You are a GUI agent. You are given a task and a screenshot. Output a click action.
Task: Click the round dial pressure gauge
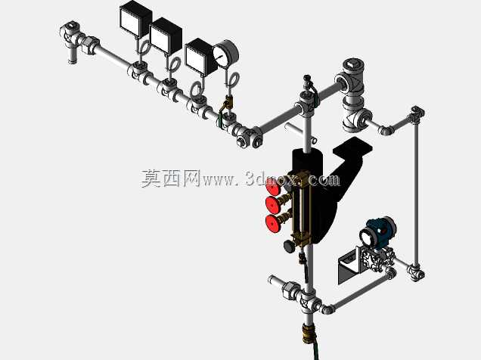[226, 54]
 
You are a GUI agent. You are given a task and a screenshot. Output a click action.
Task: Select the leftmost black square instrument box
[135, 20]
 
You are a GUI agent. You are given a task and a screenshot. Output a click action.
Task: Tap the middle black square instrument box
[166, 37]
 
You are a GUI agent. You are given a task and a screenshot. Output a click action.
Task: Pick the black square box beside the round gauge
[200, 57]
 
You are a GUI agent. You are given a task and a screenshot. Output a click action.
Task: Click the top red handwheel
[273, 187]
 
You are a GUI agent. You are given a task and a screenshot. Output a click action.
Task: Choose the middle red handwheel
[273, 204]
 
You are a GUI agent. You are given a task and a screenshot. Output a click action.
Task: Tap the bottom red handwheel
[273, 224]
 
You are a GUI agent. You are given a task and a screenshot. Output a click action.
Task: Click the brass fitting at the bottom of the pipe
[308, 334]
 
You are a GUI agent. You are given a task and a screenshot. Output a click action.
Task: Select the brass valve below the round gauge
[228, 103]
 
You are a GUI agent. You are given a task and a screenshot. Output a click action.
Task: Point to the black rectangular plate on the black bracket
[352, 147]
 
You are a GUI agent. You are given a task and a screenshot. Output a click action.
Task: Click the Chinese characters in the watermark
[171, 178]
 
